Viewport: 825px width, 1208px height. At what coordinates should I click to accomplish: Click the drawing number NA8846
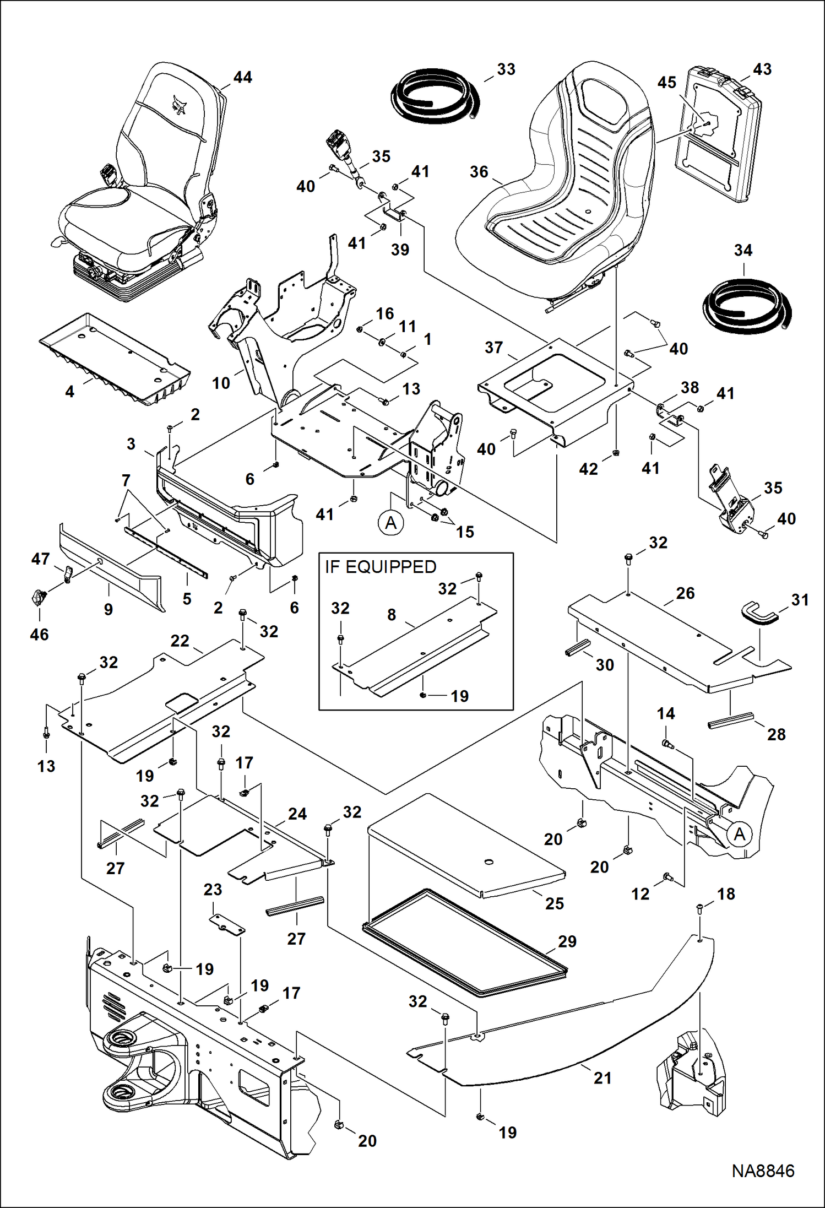click(763, 1171)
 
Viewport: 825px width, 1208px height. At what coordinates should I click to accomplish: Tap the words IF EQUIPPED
click(380, 567)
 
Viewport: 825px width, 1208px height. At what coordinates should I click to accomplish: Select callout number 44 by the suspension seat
click(242, 77)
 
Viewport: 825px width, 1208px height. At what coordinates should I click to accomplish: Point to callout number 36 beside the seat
click(479, 172)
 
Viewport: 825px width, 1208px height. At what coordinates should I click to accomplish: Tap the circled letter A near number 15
click(390, 522)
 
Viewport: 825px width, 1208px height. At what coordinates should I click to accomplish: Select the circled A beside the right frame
click(739, 834)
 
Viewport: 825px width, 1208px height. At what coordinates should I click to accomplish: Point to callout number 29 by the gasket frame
click(567, 941)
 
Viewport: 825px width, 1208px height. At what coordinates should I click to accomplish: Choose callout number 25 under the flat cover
click(555, 903)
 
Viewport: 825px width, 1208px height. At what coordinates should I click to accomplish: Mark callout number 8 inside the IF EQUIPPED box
click(392, 614)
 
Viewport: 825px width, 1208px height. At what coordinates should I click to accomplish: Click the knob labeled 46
click(37, 596)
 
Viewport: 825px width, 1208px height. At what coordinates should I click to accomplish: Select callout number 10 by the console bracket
click(221, 383)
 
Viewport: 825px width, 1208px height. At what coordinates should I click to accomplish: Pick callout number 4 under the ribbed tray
click(69, 392)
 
